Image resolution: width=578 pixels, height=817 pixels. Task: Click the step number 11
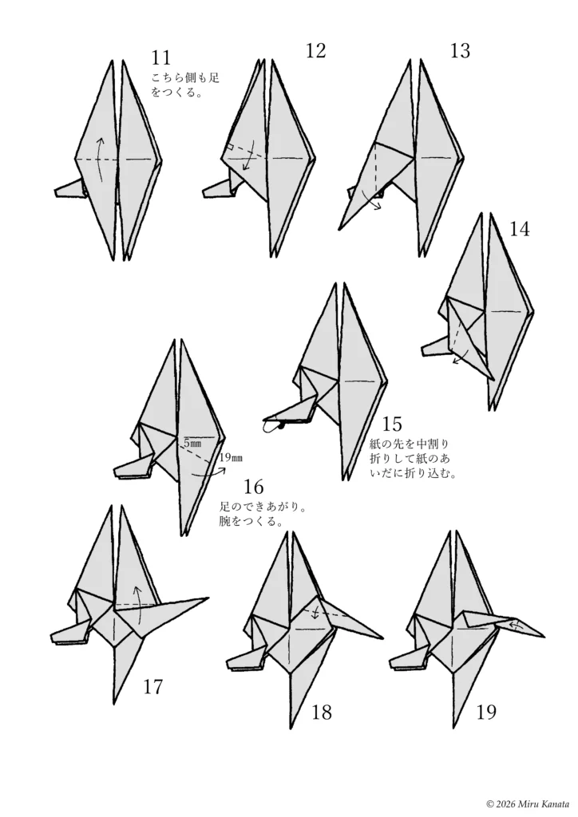point(160,57)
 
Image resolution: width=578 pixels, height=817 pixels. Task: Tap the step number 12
point(316,50)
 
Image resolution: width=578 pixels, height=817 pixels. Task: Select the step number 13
point(460,50)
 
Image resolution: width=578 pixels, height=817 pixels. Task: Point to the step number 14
point(519,228)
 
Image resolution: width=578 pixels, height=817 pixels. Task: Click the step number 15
point(392,424)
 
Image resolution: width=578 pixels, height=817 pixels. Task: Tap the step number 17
point(152,687)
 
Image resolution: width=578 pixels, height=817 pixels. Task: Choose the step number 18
point(322,712)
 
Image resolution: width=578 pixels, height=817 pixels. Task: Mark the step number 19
point(486,712)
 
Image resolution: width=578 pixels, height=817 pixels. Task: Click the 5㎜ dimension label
point(192,444)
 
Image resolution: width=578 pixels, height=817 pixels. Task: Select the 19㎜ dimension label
point(231,458)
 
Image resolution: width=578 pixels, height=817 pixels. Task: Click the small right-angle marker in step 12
point(229,147)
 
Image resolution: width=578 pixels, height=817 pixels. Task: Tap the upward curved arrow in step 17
point(139,605)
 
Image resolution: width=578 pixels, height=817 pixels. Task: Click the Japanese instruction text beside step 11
point(185,85)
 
